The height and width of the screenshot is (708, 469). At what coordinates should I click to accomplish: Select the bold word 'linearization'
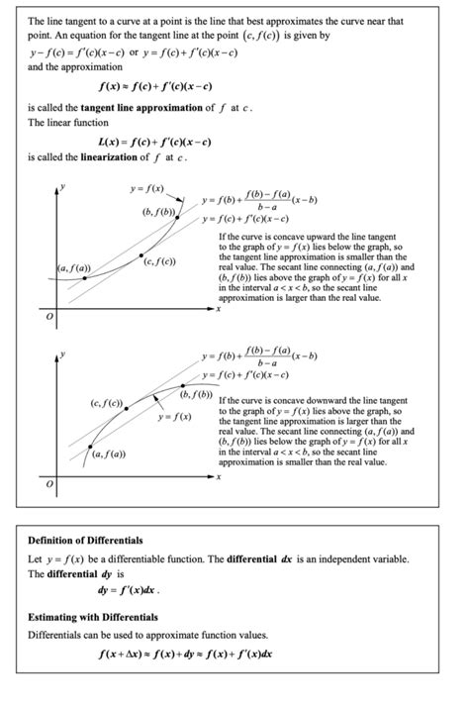tap(108, 157)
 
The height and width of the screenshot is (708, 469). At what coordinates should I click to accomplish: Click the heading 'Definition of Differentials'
tap(85, 541)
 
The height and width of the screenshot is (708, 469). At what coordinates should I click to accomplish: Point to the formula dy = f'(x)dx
tap(128, 591)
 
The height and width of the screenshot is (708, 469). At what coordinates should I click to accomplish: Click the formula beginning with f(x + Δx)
tap(187, 655)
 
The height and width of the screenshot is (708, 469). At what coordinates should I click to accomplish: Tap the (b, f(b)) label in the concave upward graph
tap(159, 212)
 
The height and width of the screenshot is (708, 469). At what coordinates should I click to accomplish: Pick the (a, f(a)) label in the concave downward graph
tap(106, 454)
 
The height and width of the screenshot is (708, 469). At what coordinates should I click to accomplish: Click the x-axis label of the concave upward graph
tap(218, 308)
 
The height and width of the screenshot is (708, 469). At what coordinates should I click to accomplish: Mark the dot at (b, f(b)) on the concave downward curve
tap(182, 384)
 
